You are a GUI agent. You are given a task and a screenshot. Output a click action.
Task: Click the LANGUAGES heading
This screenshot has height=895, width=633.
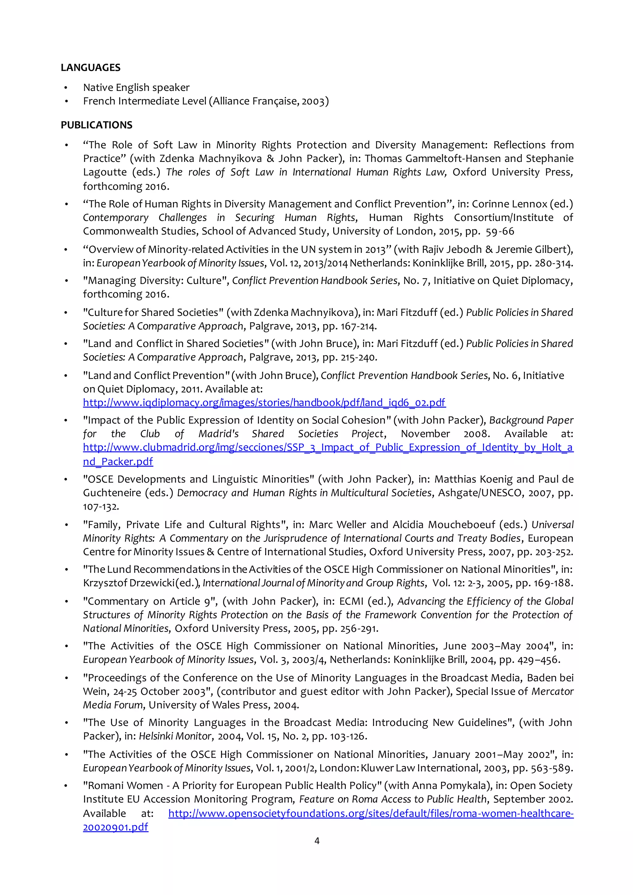click(91, 67)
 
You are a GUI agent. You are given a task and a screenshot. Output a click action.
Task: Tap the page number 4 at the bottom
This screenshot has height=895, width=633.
click(316, 841)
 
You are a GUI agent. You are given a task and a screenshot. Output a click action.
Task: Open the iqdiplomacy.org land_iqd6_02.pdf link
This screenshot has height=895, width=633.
click(264, 403)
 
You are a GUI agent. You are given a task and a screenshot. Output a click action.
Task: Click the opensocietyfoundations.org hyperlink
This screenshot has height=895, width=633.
click(371, 813)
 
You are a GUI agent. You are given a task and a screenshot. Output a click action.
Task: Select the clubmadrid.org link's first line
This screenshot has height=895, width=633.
click(328, 448)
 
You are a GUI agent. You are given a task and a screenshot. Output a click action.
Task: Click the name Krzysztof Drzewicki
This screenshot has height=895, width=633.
click(129, 583)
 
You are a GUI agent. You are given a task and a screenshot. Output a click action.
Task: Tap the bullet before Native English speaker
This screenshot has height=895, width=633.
click(66, 88)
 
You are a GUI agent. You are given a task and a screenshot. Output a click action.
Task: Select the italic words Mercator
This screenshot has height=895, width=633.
click(553, 692)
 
